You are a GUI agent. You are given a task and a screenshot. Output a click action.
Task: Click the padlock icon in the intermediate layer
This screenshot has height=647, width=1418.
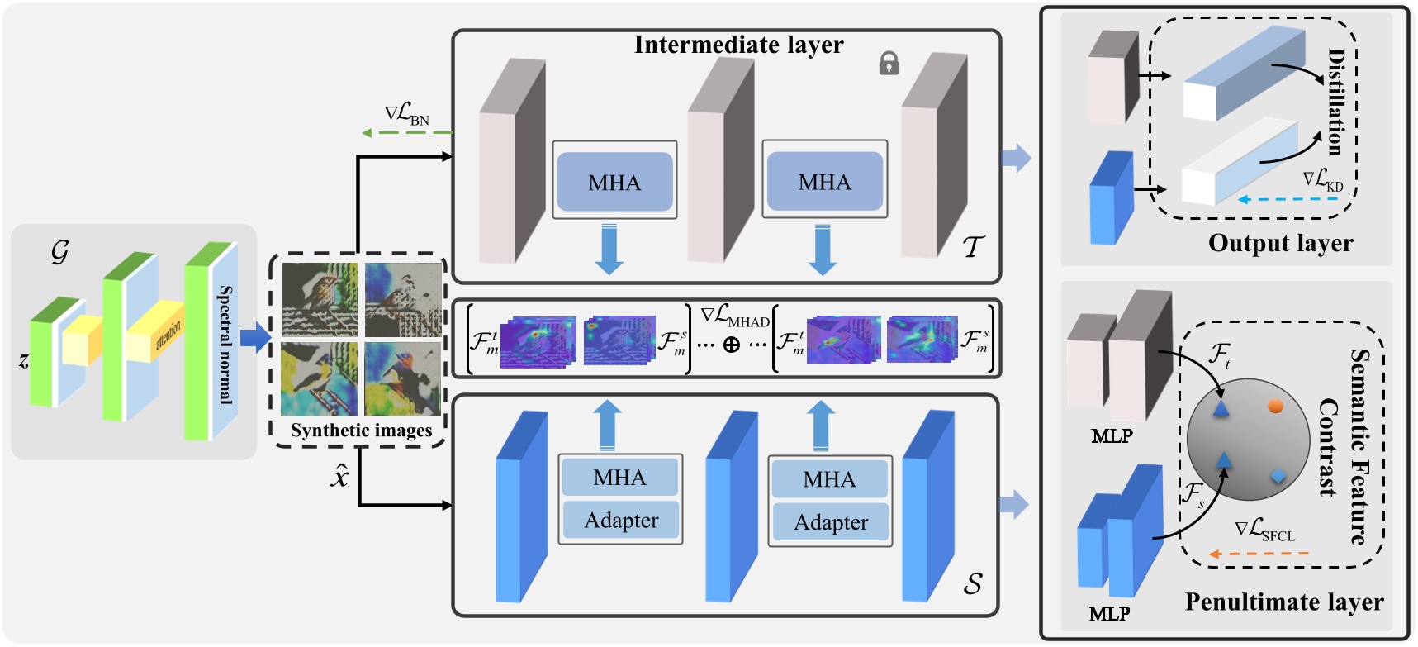pyautogui.click(x=889, y=64)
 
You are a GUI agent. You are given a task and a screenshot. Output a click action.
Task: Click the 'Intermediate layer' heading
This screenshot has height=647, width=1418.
pyautogui.click(x=738, y=45)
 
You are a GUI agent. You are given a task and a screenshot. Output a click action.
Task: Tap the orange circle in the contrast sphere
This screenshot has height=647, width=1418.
pyautogui.click(x=1276, y=406)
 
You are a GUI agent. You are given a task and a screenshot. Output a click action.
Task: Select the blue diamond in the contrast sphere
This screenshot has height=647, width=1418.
pyautogui.click(x=1278, y=475)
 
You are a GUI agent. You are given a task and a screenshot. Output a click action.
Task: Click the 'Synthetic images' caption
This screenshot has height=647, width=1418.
pyautogui.click(x=361, y=431)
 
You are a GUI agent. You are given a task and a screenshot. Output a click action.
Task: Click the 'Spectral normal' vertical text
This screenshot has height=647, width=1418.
pyautogui.click(x=225, y=345)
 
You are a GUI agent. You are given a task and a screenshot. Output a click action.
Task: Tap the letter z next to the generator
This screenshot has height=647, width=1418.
pyautogui.click(x=23, y=360)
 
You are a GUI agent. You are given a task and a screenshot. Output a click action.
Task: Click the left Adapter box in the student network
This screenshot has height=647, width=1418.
pyautogui.click(x=621, y=521)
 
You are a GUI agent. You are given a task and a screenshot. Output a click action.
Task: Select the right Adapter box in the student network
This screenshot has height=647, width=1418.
pyautogui.click(x=831, y=522)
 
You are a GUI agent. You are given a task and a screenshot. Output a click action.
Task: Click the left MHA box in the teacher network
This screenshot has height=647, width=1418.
pyautogui.click(x=614, y=182)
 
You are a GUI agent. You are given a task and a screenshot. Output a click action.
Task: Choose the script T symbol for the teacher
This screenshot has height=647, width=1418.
pyautogui.click(x=974, y=245)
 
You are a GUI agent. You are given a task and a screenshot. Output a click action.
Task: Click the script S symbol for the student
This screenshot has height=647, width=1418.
pyautogui.click(x=973, y=583)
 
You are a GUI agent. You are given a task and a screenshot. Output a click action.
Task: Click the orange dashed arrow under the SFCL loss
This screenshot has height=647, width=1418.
pyautogui.click(x=1259, y=554)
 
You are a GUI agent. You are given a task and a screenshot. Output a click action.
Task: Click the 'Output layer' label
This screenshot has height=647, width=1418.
pyautogui.click(x=1280, y=243)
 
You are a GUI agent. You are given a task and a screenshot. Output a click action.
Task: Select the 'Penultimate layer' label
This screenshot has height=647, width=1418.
pyautogui.click(x=1283, y=602)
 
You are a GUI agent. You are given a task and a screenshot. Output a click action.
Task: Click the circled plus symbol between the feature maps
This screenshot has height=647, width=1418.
pyautogui.click(x=731, y=345)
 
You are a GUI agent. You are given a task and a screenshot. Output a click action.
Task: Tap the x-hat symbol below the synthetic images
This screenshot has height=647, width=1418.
pyautogui.click(x=340, y=477)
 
